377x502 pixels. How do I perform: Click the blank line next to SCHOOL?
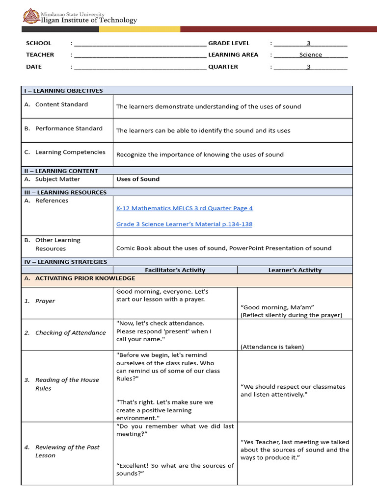point(140,44)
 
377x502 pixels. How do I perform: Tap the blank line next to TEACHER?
point(140,55)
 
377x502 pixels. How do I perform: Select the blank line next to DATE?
point(140,67)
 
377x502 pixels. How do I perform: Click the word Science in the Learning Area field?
point(311,55)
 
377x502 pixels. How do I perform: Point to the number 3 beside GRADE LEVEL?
point(309,43)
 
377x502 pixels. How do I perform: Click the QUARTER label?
point(223,67)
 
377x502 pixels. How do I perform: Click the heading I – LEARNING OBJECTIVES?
point(64,91)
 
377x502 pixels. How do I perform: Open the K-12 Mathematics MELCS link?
point(185,208)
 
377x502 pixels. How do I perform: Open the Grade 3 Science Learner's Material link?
point(185,224)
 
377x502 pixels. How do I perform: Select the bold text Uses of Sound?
point(138,179)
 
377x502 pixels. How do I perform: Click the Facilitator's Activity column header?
point(175,270)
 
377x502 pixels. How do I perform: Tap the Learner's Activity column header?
point(295,270)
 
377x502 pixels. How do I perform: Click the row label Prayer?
point(45,301)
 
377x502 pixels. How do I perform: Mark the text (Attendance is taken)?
point(272,347)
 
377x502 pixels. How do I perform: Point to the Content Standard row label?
point(61,104)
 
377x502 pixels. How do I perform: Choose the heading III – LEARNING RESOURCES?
point(65,192)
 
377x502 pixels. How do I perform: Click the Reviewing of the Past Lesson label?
point(67,451)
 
